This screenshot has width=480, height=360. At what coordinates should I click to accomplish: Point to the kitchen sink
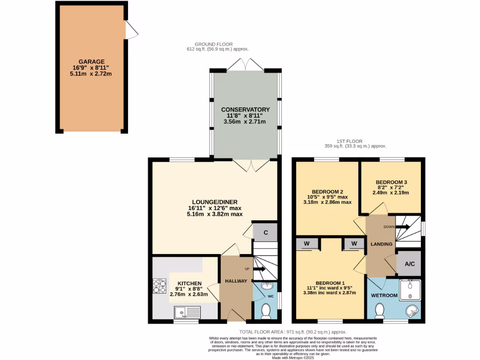pos(187,312)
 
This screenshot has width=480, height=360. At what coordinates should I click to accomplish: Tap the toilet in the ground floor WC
pos(265,311)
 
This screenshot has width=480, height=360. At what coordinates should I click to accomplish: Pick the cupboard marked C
pos(265,232)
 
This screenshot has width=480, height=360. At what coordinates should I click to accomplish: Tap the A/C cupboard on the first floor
pos(409,264)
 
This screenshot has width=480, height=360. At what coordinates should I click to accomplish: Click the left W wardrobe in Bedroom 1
pos(307,243)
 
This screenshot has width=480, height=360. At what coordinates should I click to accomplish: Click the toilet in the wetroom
pos(380,310)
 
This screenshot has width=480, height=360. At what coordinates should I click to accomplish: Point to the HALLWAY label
pos(236,281)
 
